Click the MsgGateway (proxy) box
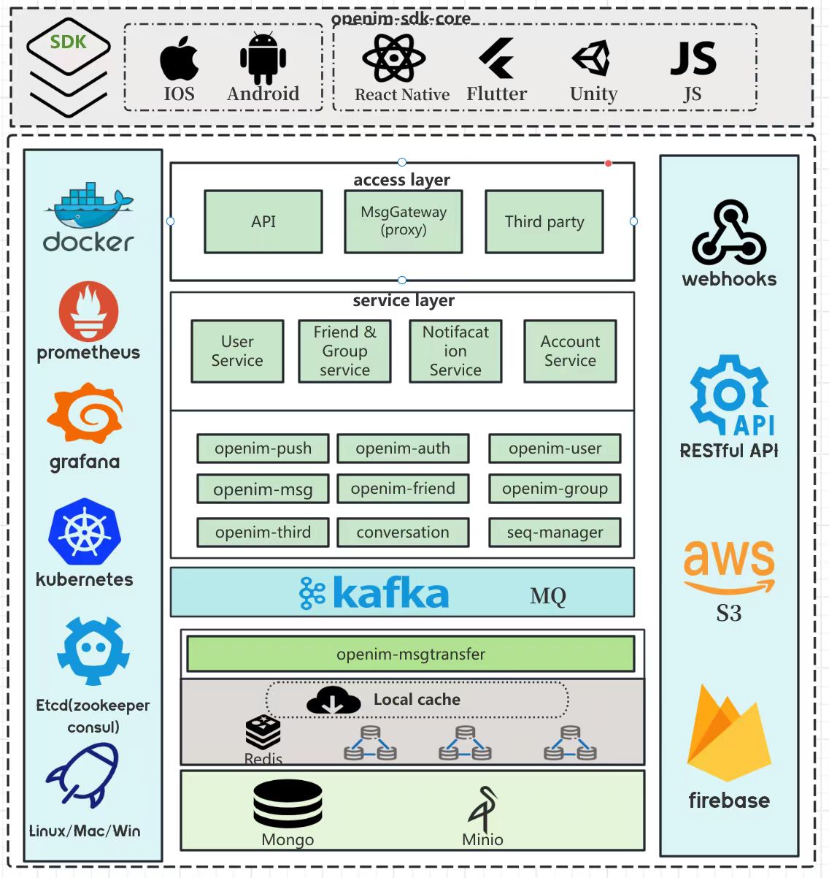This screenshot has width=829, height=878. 404,221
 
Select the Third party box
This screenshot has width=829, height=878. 544,221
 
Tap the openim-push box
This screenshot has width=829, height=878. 263,448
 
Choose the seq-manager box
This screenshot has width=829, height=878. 555,532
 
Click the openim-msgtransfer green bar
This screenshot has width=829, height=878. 411,654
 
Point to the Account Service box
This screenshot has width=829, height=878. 570,351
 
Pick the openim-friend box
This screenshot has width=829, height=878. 403,489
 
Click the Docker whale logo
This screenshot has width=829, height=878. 89,205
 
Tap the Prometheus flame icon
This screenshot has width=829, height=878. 89,311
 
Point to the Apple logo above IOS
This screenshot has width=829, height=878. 179,58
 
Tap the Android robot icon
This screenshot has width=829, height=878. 263,58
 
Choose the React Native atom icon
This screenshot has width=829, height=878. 394,58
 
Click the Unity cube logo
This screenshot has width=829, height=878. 591,58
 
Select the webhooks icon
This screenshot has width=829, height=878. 729,232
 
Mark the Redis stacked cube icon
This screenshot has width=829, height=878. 263,733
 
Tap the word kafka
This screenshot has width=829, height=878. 390,593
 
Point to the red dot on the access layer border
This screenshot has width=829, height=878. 609,163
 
